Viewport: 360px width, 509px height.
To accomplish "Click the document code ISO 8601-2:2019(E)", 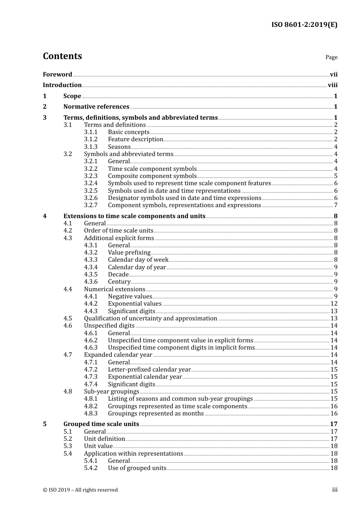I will tap(304, 25).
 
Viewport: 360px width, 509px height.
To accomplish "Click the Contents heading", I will tap(62, 56).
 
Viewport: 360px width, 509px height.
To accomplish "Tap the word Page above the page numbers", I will tap(331, 57).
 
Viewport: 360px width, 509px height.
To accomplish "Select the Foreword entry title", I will tap(57, 75).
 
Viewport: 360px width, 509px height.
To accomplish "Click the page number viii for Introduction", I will tap(332, 85).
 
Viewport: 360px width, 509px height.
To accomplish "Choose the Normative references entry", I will tap(96, 107).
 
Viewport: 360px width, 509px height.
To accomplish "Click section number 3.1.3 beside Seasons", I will tap(91, 147).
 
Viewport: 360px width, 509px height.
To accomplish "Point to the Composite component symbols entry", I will tap(152, 176).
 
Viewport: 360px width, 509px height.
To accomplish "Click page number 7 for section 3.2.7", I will tap(336, 205).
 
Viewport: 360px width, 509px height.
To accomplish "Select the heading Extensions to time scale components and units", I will tap(134, 216).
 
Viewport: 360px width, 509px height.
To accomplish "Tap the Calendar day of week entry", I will tap(138, 260).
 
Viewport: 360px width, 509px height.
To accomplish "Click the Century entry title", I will tap(119, 282).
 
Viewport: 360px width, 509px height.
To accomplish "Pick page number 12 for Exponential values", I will tap(334, 304).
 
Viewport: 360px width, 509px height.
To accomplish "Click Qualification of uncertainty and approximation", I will tap(150, 319).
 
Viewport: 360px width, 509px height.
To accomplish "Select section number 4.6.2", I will tap(91, 340).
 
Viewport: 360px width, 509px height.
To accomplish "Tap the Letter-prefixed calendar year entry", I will tap(149, 370).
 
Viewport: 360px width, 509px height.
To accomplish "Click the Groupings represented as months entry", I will tap(156, 414).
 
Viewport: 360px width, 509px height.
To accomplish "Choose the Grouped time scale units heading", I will tap(101, 424).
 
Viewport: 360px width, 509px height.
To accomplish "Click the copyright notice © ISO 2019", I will tap(80, 490).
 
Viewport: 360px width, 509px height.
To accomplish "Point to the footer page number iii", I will tap(335, 490).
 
